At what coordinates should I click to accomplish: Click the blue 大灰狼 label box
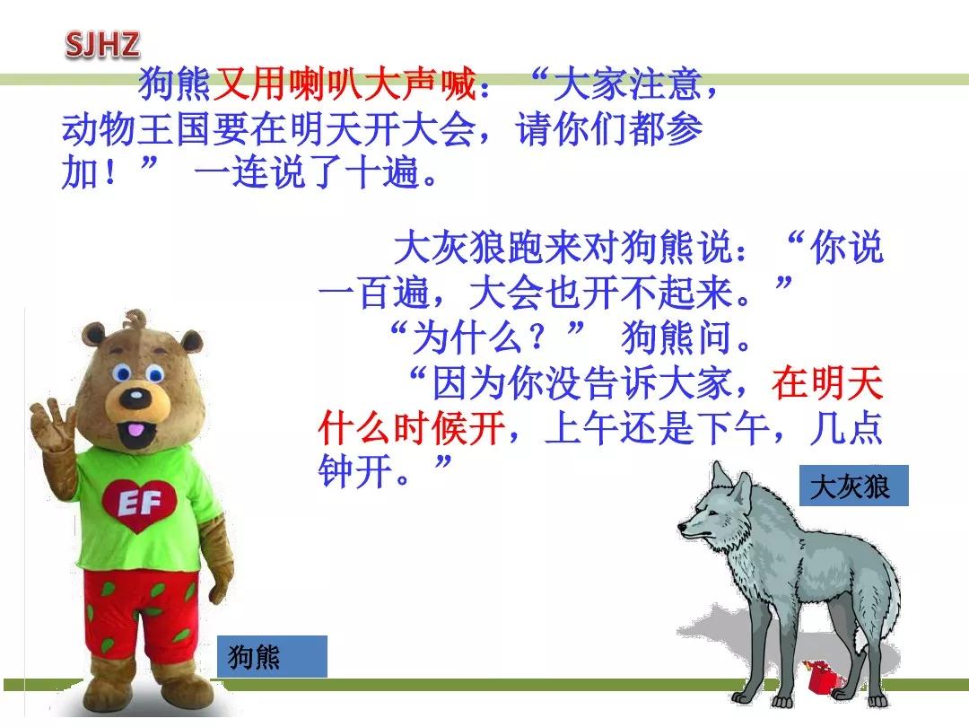pyautogui.click(x=853, y=486)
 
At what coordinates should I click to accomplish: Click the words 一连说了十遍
pyautogui.click(x=305, y=174)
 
